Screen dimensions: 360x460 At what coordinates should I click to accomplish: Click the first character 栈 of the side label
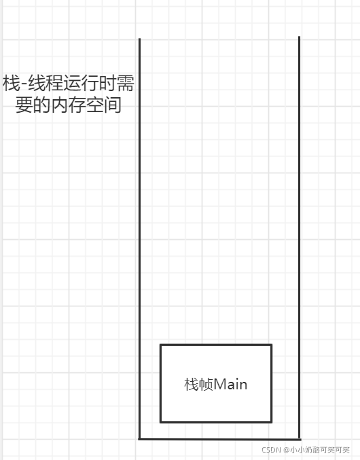(12, 84)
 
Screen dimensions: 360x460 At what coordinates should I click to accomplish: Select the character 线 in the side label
(37, 84)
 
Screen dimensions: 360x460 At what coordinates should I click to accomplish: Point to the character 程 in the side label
(54, 84)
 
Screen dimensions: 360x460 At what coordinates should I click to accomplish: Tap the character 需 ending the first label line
(126, 84)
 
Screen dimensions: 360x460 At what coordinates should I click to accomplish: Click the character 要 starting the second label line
(24, 105)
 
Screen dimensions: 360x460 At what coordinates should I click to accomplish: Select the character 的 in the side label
(41, 105)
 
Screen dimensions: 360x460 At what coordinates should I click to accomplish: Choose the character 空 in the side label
(95, 105)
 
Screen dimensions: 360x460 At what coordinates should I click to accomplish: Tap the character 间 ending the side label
(113, 105)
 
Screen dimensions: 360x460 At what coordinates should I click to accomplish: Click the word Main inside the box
(230, 385)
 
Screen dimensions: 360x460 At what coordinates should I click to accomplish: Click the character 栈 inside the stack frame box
(192, 385)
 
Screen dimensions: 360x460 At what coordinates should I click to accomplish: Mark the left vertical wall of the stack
(139, 238)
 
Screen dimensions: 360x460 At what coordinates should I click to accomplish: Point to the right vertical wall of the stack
(300, 238)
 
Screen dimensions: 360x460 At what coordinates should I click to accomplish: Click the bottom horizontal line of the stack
(219, 439)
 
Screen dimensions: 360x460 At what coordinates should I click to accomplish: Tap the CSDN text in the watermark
(271, 450)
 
